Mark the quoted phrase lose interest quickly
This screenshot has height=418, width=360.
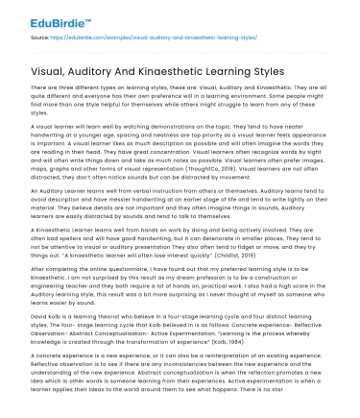tap(188, 257)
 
